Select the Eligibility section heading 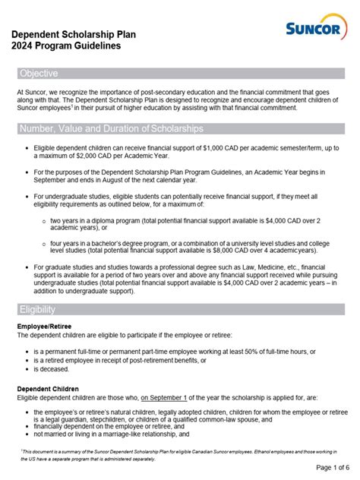point(38,309)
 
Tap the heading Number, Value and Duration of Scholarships point(111,127)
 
